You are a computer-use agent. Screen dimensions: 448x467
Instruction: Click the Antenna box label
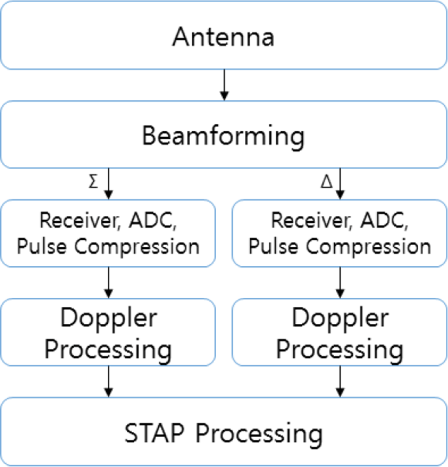223,37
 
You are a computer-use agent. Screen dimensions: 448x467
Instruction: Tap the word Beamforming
223,136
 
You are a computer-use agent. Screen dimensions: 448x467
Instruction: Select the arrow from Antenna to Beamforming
224,85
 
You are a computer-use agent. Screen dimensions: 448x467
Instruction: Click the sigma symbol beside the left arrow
93,181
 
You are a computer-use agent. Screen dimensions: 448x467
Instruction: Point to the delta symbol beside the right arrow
327,181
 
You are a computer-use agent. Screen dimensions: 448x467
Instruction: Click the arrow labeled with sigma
108,184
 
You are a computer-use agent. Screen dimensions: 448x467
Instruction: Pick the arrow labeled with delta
340,184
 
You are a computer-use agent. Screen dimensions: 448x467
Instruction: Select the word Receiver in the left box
80,221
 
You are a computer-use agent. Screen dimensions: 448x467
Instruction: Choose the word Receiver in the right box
311,221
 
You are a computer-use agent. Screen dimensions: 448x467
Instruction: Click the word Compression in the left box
137,247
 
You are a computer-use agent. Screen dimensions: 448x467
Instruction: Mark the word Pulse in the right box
273,246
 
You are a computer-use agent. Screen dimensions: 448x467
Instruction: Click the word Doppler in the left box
108,318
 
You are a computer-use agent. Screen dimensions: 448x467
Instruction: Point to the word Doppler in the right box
340,318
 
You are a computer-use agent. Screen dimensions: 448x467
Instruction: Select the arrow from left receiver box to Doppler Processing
108,283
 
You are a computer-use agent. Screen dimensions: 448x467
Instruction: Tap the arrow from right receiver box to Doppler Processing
340,283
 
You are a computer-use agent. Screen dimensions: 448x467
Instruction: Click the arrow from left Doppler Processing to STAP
108,381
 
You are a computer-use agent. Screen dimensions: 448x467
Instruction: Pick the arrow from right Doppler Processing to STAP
340,381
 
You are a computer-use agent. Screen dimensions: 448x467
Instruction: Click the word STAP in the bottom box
154,433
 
